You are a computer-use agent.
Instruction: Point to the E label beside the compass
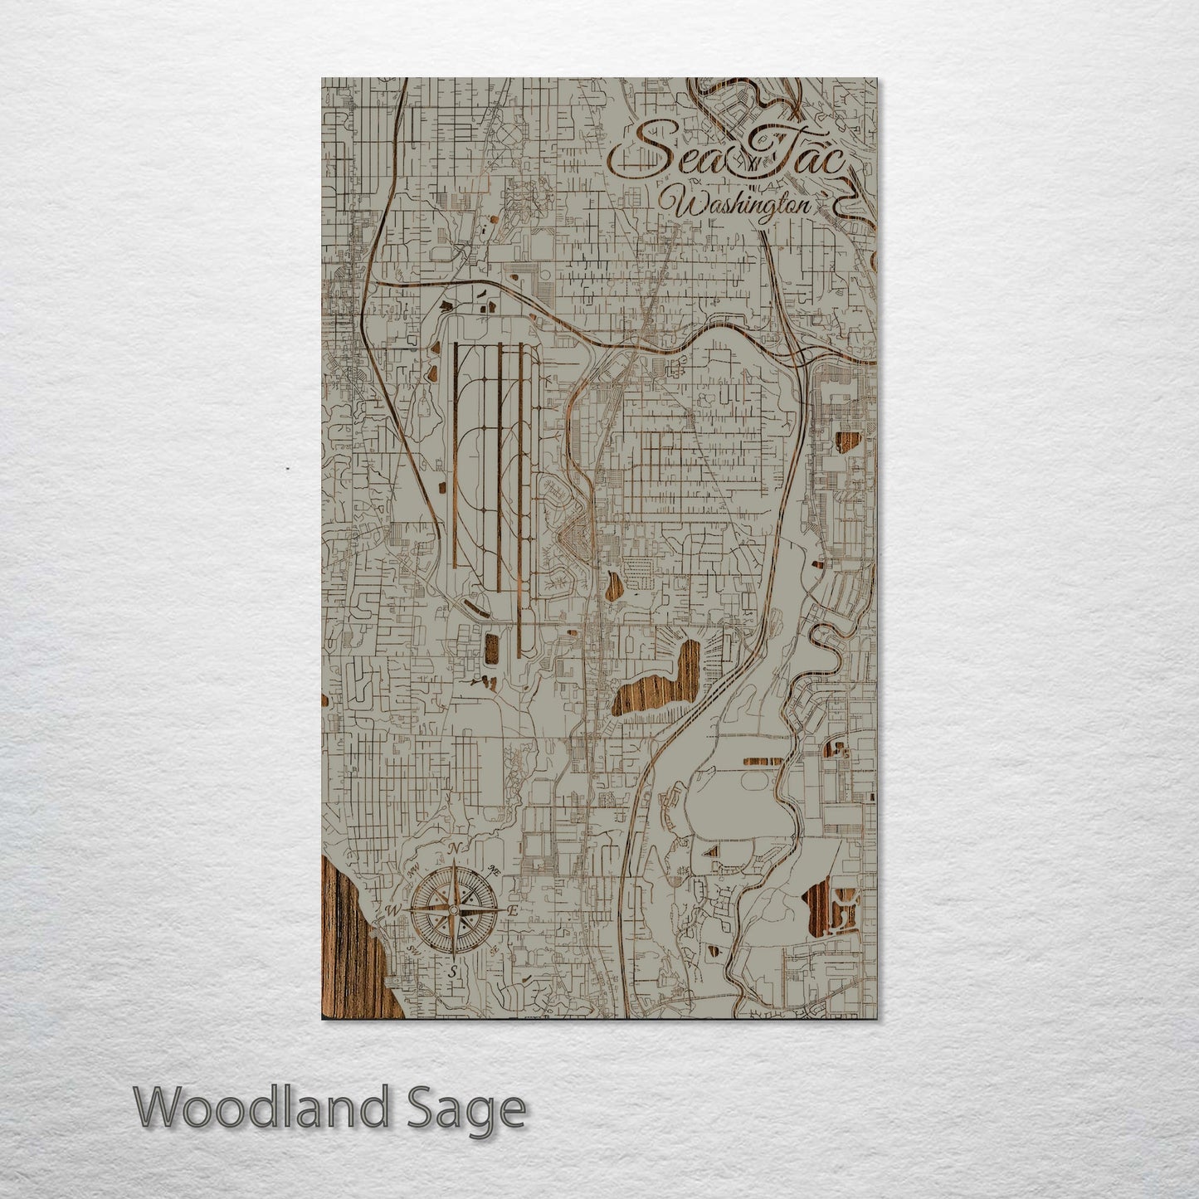coord(513,911)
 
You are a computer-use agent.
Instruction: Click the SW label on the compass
coord(413,950)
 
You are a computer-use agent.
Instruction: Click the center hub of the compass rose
coord(452,910)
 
